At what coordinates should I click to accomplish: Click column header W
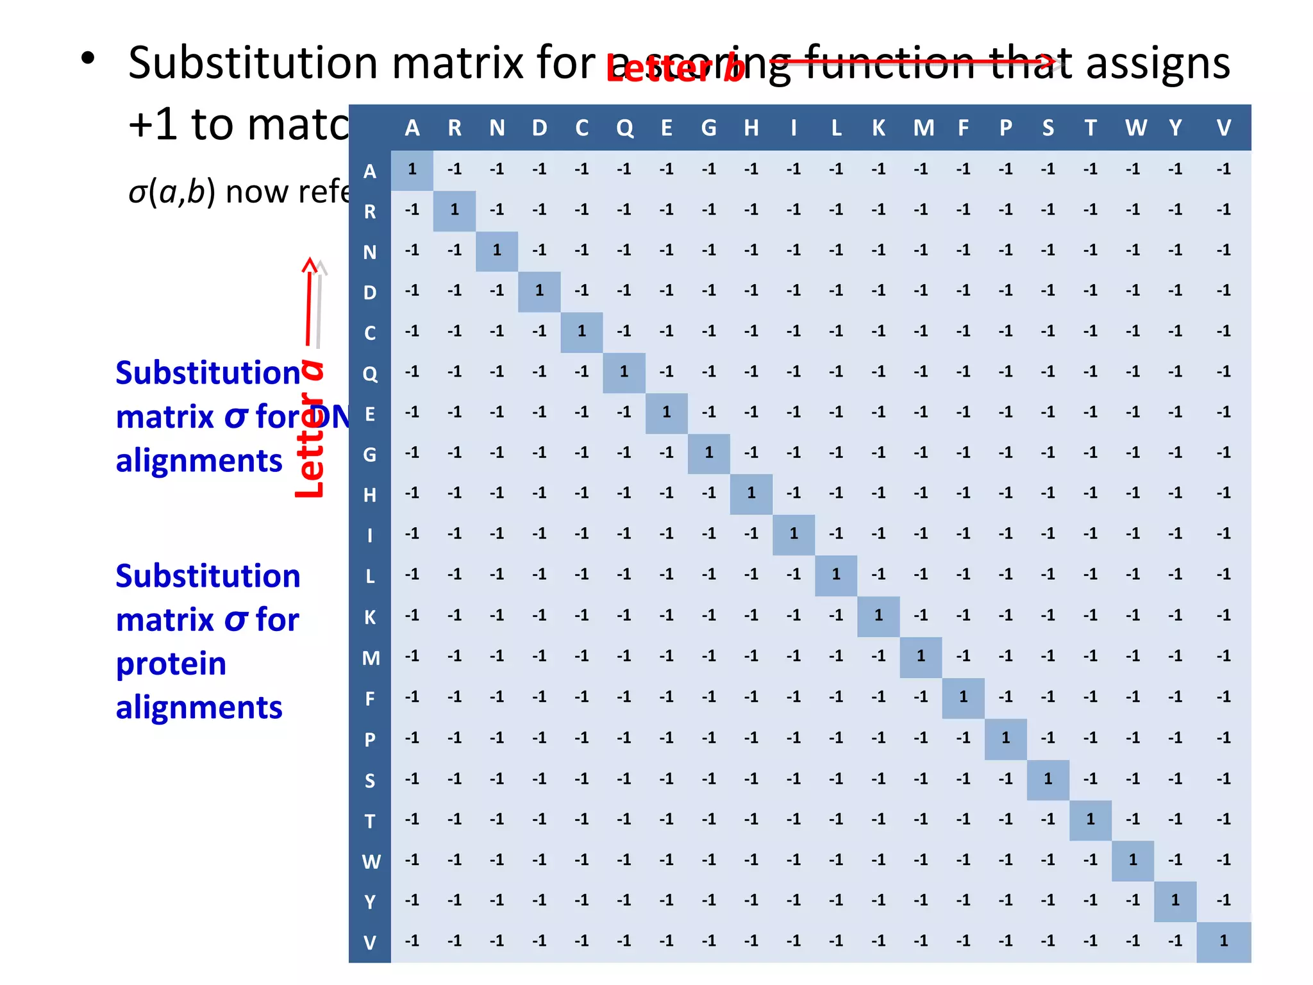(x=1135, y=128)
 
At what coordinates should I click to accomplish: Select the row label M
(x=371, y=658)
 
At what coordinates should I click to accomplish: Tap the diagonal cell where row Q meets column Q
(x=624, y=372)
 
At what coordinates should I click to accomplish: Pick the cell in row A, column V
(x=1223, y=169)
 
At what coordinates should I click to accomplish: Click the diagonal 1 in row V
(x=1223, y=941)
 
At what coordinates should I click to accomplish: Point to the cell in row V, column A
(x=412, y=941)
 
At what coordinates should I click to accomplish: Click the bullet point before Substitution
(x=88, y=59)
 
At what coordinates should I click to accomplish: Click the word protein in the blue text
(x=171, y=664)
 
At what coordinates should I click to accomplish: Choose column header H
(x=751, y=128)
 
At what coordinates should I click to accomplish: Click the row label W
(x=371, y=861)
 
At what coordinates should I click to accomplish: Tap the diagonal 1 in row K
(x=878, y=616)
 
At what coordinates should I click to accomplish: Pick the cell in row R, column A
(x=412, y=210)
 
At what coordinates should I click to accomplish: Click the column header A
(x=412, y=128)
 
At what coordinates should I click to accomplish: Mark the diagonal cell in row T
(x=1090, y=819)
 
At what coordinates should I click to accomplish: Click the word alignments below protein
(x=199, y=707)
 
